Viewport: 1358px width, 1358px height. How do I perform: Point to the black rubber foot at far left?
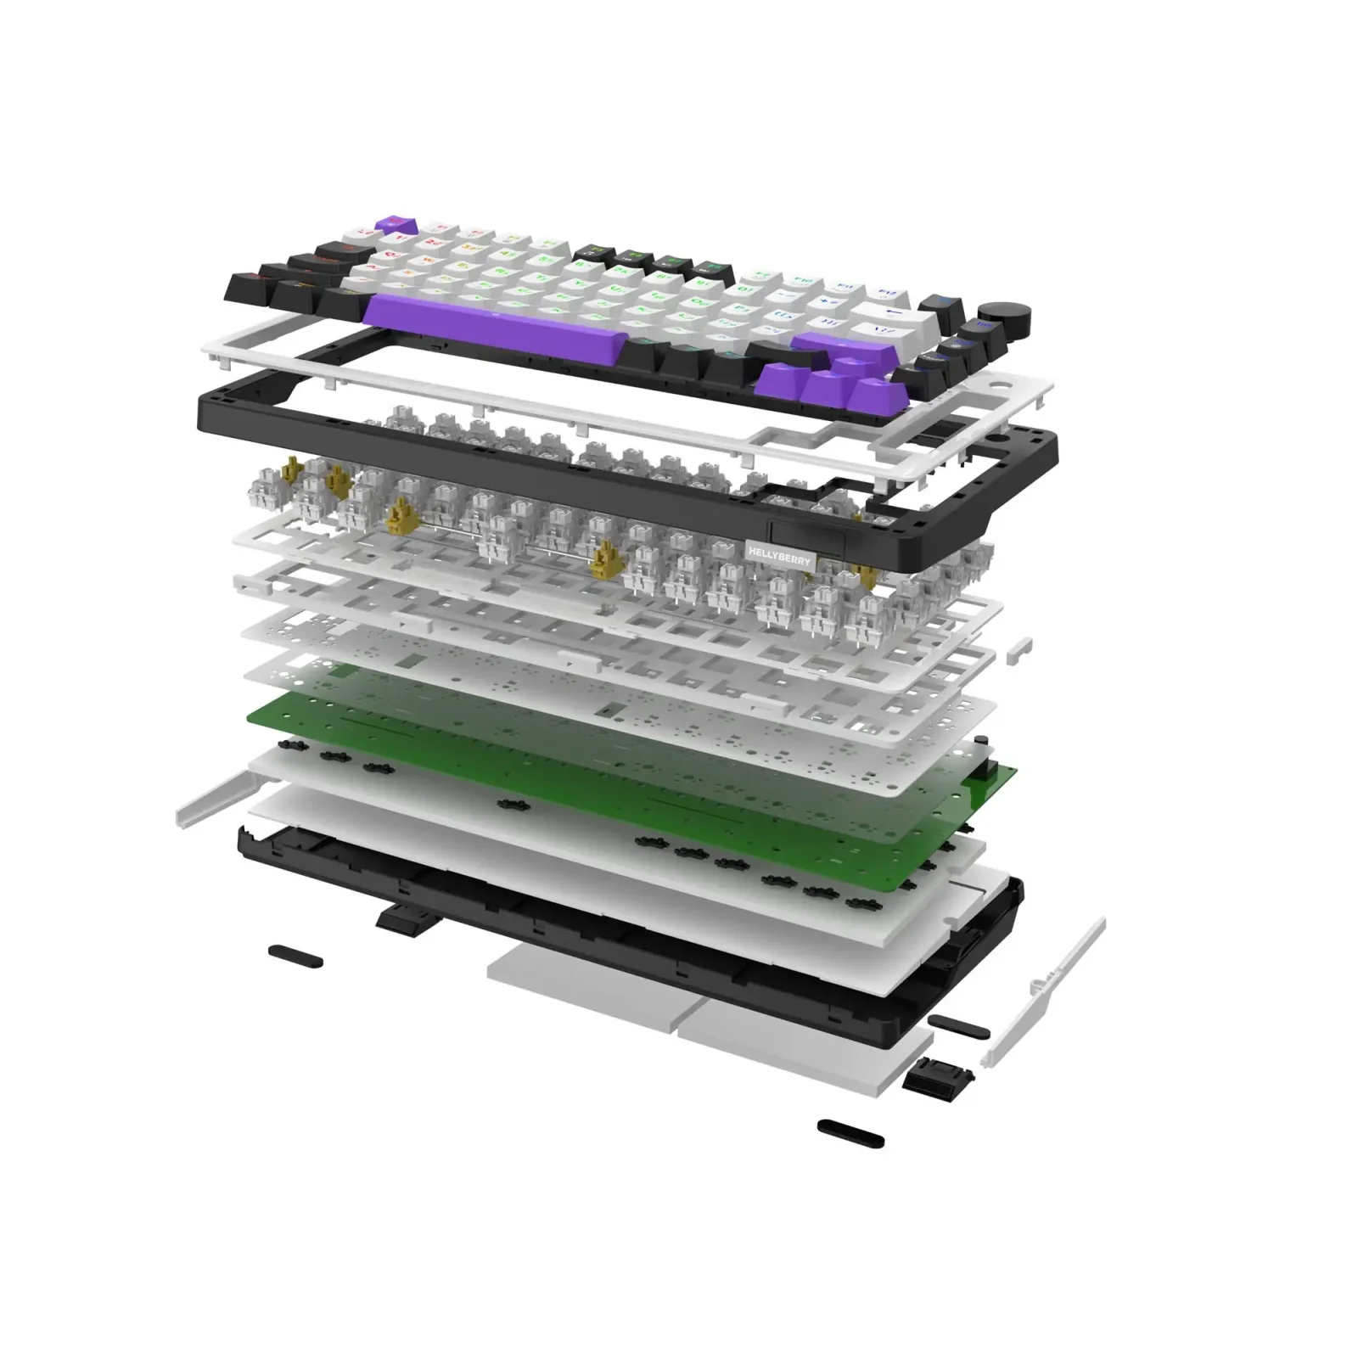tap(295, 956)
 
